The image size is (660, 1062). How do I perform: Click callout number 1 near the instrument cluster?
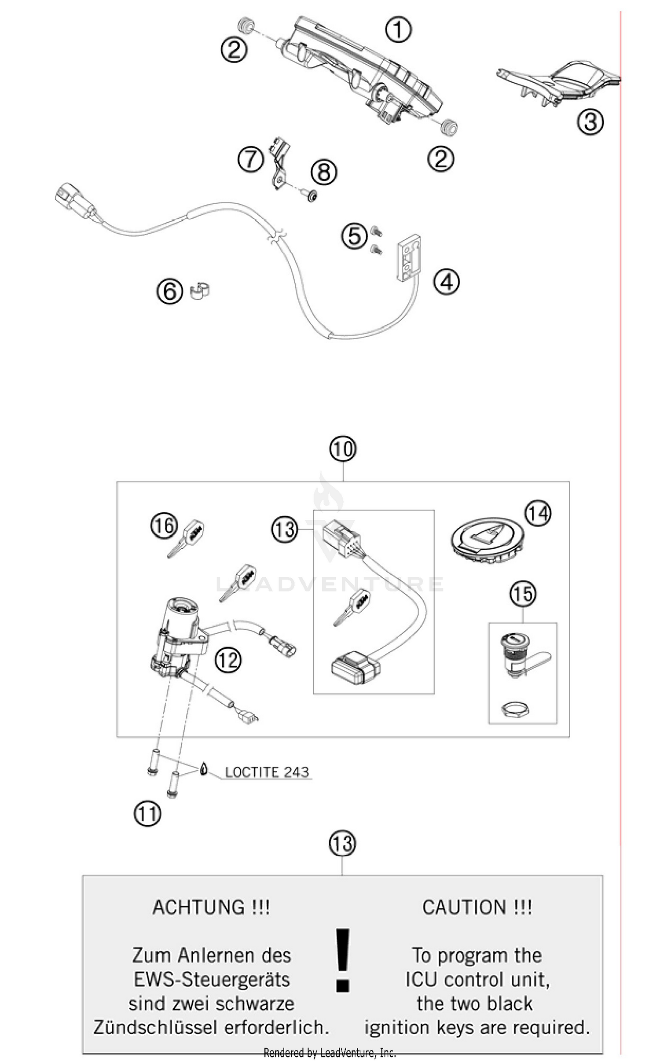398,30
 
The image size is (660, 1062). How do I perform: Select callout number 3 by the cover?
590,121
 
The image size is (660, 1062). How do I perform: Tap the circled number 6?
170,291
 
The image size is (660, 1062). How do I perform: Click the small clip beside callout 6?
200,291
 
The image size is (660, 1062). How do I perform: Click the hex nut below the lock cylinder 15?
515,709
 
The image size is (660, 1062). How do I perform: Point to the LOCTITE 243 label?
267,772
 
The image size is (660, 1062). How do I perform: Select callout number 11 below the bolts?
147,814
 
